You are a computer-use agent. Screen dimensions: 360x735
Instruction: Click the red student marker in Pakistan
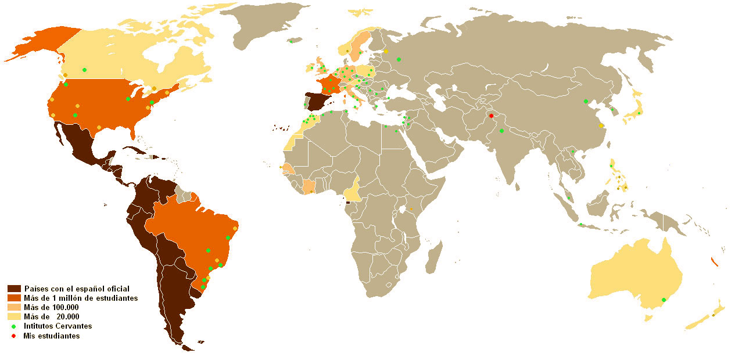point(491,116)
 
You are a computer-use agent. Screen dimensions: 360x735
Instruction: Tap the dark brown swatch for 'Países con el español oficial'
point(15,289)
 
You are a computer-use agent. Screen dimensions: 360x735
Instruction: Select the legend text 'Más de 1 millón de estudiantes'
point(80,298)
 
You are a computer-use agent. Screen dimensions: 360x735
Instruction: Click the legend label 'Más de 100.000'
point(51,307)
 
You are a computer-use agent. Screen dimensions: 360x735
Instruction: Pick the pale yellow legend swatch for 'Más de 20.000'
point(15,316)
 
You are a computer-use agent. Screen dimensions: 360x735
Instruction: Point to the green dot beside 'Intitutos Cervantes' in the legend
point(13,326)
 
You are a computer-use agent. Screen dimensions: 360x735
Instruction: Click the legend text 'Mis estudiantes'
point(51,336)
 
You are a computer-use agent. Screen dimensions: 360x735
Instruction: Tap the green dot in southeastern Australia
point(664,300)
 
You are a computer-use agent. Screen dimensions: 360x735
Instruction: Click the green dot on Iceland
point(291,41)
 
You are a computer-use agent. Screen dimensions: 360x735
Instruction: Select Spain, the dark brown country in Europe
point(318,102)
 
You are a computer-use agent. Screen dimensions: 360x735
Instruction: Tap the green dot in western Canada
point(85,70)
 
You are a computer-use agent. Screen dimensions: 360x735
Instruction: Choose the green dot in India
point(501,131)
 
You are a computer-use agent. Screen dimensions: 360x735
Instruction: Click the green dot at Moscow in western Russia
point(399,59)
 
